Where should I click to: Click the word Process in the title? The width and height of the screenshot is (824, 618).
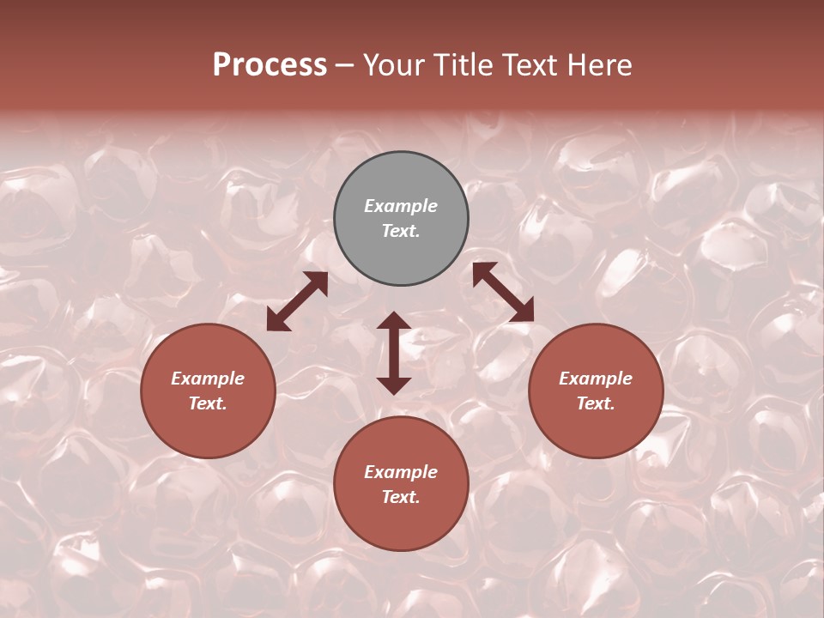270,65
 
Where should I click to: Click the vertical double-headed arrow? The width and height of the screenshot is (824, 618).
394,353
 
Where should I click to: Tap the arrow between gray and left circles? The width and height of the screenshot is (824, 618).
297,301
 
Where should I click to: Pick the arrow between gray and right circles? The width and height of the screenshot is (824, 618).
503,292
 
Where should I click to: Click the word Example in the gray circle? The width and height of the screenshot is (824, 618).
401,206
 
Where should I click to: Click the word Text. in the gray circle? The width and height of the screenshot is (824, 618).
401,231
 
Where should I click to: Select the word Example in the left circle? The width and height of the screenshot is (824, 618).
208,379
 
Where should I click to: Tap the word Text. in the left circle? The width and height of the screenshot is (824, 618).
208,403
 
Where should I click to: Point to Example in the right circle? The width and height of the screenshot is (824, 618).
596,379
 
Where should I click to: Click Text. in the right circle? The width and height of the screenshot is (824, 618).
596,403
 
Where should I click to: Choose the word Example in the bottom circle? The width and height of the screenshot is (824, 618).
401,472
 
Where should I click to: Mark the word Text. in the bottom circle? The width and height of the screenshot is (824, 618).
401,497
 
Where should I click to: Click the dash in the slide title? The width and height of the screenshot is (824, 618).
345,66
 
